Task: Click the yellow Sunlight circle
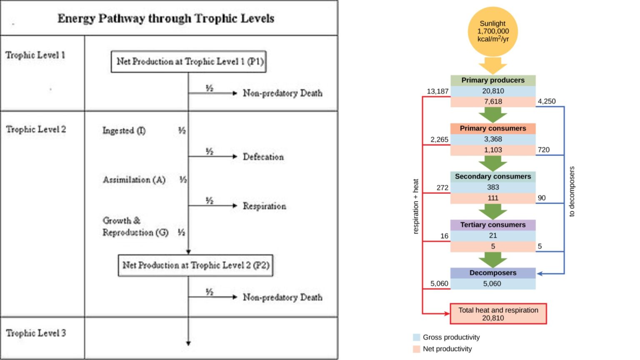493,31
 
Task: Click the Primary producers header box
493,80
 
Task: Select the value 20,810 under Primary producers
493,91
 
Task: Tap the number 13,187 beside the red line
437,91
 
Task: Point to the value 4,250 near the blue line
546,101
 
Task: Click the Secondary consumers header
493,176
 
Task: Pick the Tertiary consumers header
493,225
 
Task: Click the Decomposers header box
493,273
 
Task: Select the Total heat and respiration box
498,314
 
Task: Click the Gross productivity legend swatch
416,337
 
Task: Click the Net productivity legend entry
447,349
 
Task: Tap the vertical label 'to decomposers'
572,192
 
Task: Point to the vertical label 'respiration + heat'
415,206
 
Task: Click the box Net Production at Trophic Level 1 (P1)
189,62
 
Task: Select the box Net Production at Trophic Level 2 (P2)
195,265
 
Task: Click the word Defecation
263,157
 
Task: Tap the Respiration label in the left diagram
265,206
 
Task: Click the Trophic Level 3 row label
36,333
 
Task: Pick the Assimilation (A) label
134,180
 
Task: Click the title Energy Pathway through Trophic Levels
166,18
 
